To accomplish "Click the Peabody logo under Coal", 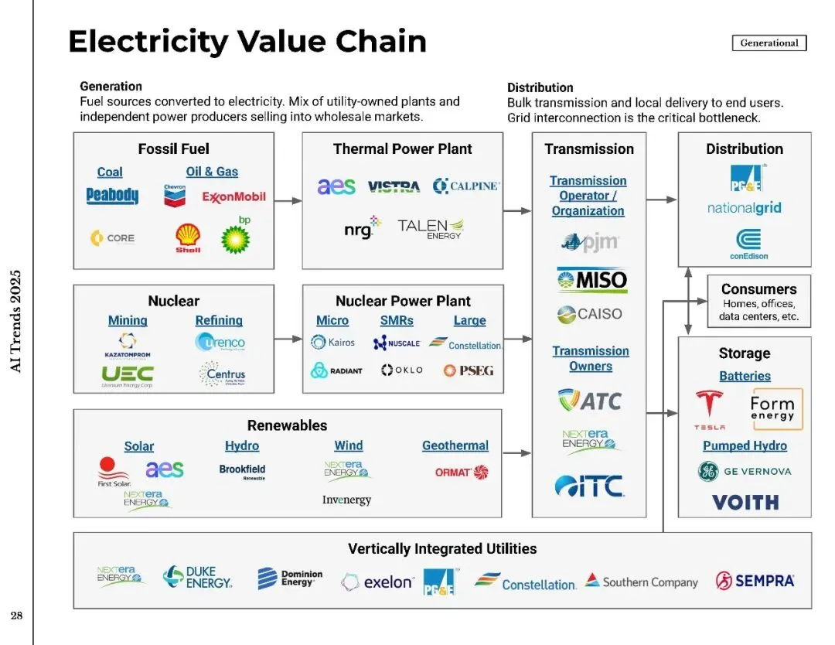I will tap(112, 196).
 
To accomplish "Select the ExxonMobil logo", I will tap(233, 196).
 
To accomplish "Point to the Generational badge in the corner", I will tap(769, 43).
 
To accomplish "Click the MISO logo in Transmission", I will tap(592, 280).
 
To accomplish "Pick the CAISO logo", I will tap(589, 314).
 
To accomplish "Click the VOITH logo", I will tap(745, 503).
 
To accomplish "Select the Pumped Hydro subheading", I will tap(745, 445).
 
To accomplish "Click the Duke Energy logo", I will tap(197, 578).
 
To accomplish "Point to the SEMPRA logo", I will tap(755, 580).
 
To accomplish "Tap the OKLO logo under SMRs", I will tap(402, 370).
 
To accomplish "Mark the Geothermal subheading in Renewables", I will tap(455, 445).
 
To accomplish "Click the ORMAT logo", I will tap(462, 472).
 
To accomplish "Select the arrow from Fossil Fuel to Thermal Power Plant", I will tap(288, 201).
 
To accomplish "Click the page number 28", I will tap(15, 616).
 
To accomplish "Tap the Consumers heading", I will tap(758, 289).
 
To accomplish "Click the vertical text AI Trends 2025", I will tap(15, 321).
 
